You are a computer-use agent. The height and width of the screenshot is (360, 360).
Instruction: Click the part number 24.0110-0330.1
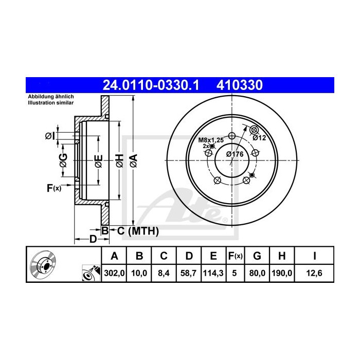pos(151,85)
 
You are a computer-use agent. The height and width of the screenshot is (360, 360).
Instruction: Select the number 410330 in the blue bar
pos(240,85)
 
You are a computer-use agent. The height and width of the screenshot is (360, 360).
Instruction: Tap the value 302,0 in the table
pos(114,273)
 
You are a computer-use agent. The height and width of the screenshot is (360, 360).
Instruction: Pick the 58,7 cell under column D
pos(189,273)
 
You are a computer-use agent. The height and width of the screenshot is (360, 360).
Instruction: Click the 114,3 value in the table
pos(213,273)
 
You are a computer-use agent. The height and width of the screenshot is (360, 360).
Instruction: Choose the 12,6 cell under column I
pos(314,273)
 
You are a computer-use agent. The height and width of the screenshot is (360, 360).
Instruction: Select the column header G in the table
pos(257,256)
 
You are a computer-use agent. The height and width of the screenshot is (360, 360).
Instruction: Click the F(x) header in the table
pos(236,256)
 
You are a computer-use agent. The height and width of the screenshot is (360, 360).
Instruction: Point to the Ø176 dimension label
pos(235,154)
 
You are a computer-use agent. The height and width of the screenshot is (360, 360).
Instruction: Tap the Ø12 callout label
pos(259,138)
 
